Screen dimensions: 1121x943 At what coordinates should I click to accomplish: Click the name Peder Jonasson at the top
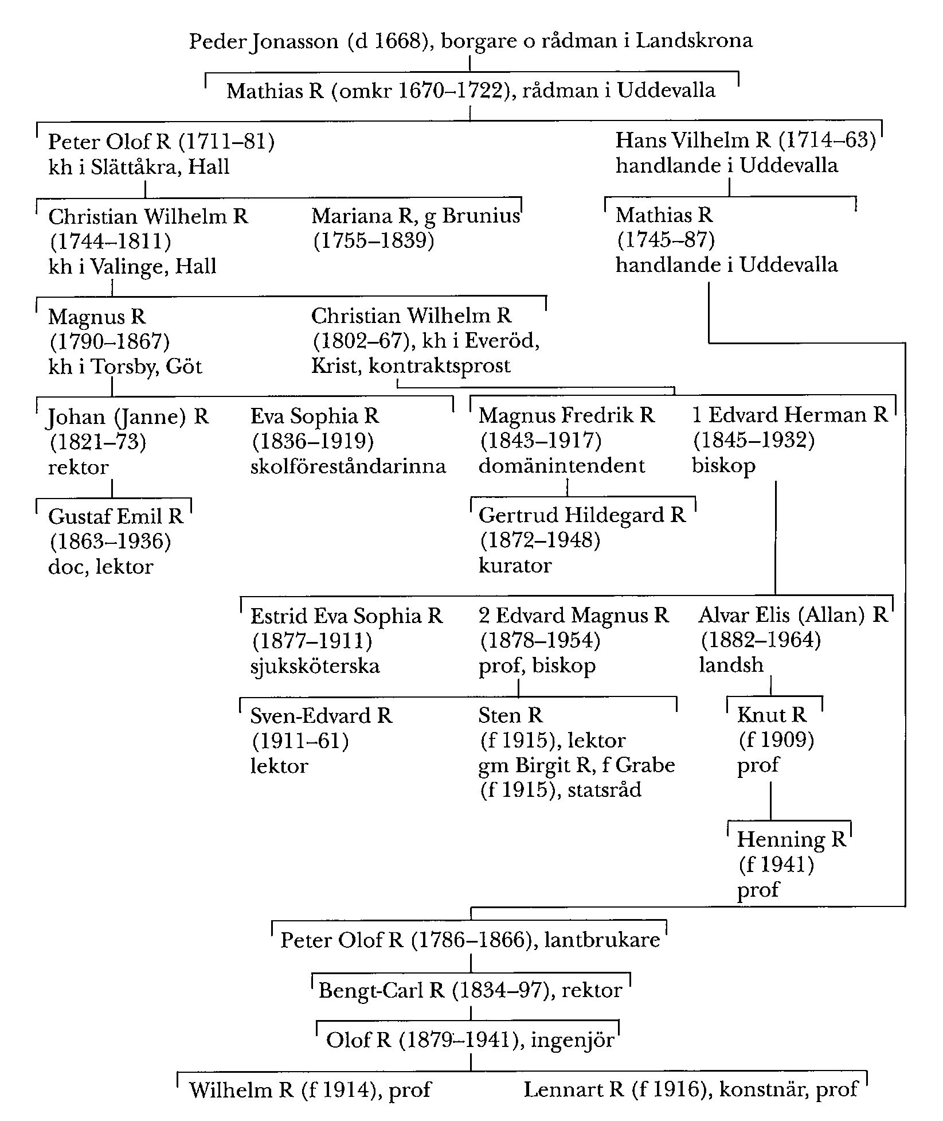pos(264,41)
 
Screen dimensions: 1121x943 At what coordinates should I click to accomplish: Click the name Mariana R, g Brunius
pos(416,216)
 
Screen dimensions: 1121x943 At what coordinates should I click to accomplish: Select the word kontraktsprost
pos(439,365)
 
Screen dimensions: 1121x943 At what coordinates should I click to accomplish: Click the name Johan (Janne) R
pos(127,417)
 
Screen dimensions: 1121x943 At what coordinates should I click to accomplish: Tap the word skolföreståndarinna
pos(348,466)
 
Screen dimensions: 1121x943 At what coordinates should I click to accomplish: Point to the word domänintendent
pos(562,465)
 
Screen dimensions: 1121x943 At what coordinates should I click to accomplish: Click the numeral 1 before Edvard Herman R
pos(697,415)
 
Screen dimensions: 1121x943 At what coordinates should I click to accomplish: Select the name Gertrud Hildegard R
pos(582,515)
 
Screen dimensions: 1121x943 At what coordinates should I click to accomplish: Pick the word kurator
pos(515,566)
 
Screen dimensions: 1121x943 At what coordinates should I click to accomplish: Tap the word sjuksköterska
pos(315,666)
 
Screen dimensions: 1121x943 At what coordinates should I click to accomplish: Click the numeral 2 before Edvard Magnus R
pos(485,616)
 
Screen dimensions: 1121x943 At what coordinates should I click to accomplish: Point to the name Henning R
pos(791,839)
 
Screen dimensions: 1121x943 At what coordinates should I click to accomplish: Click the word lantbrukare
pos(602,940)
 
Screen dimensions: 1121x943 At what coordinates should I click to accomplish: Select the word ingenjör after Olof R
pos(573,1040)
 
